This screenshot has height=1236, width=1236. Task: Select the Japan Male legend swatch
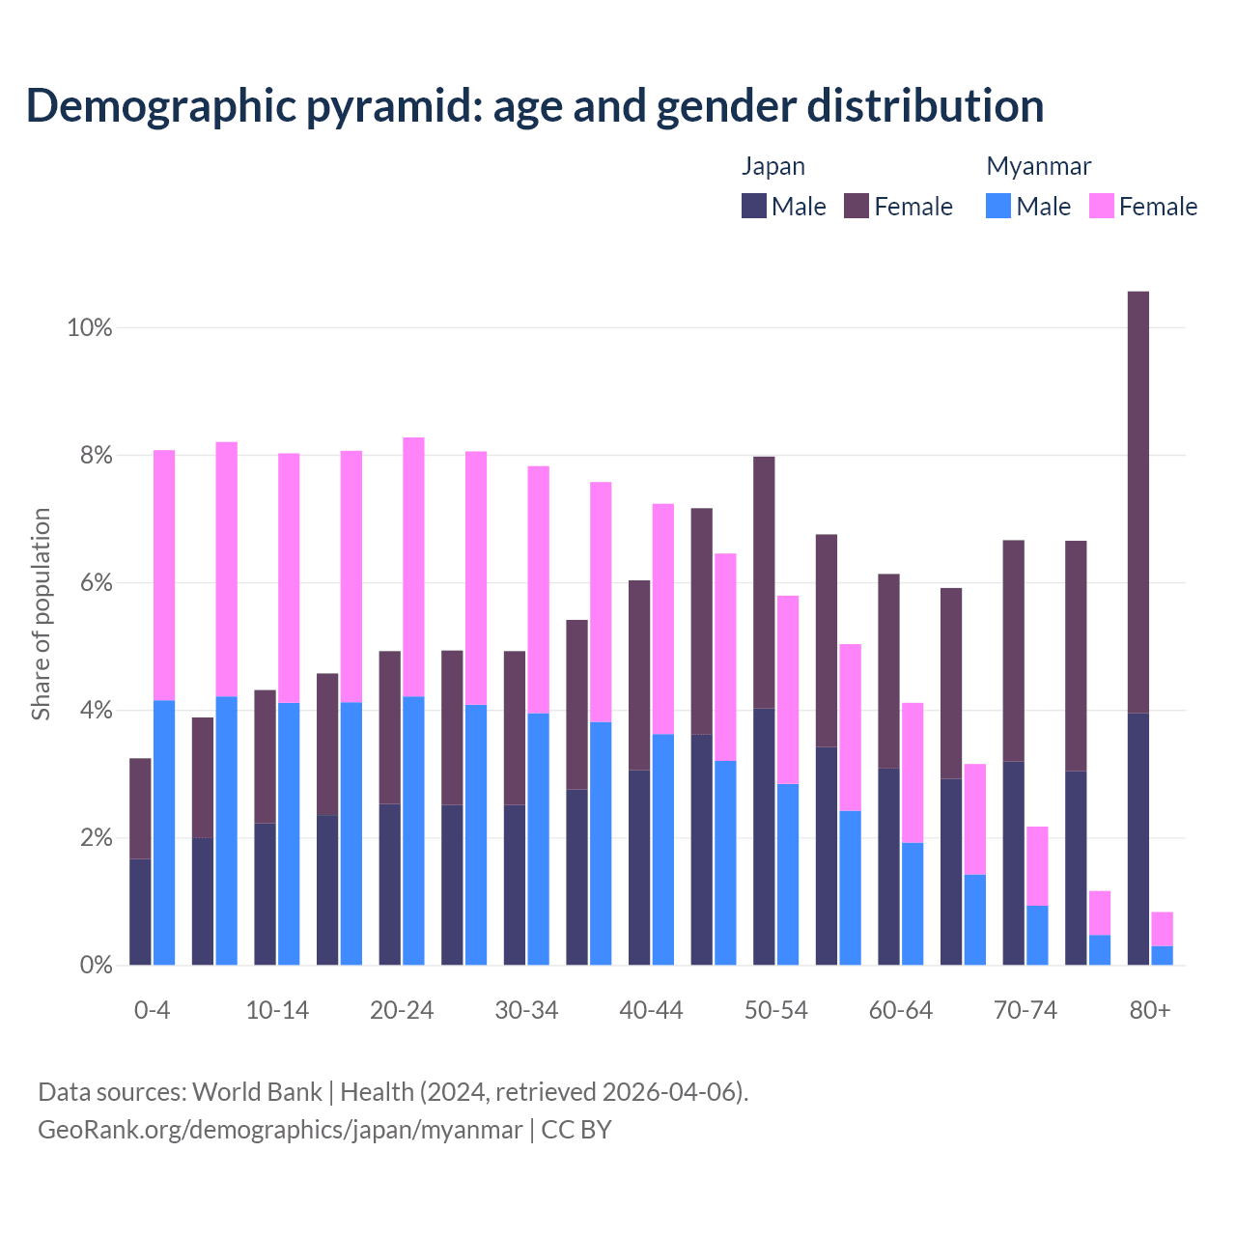[x=754, y=206]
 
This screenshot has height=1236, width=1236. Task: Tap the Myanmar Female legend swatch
[x=1102, y=206]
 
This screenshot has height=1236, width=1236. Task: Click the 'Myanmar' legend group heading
[x=1038, y=166]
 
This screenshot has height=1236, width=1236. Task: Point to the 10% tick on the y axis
[x=90, y=328]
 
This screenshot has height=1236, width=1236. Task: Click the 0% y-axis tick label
[x=95, y=966]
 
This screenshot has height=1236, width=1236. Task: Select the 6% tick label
[x=95, y=583]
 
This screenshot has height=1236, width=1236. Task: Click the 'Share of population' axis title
[x=41, y=614]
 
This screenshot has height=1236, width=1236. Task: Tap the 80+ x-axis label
[x=1150, y=1011]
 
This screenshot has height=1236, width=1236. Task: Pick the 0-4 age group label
[x=153, y=1011]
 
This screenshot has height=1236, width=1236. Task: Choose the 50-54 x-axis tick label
[x=776, y=1011]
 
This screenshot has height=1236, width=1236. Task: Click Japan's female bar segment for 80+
[x=1138, y=502]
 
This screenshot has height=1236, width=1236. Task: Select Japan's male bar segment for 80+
[x=1138, y=839]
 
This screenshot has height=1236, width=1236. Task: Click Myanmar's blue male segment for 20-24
[x=413, y=830]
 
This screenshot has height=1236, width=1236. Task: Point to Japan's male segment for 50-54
[x=764, y=836]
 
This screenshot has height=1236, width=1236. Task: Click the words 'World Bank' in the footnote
[x=257, y=1092]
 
